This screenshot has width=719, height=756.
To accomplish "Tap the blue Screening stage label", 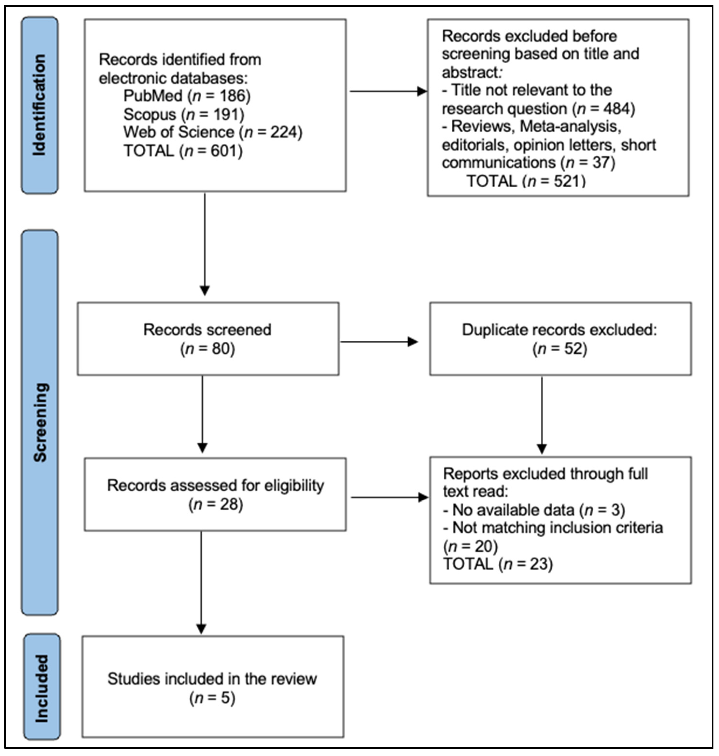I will tap(40, 422).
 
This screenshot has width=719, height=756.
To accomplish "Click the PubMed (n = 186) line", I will tap(187, 95).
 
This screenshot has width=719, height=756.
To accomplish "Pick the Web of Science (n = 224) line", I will tap(213, 132).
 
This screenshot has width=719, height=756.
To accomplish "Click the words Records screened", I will tap(207, 330).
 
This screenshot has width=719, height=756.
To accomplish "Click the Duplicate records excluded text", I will tap(559, 330).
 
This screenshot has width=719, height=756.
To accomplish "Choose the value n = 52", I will tap(559, 348).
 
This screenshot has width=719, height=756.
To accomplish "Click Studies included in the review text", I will tap(212, 678).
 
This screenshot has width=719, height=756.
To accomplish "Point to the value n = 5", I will tap(212, 698).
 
